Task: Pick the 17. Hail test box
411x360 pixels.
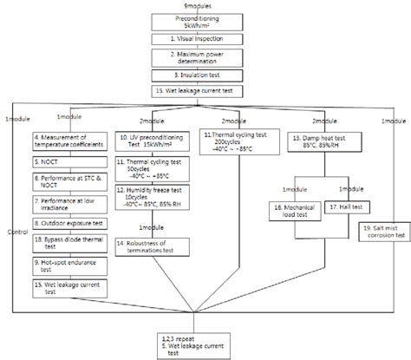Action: (344, 208)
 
